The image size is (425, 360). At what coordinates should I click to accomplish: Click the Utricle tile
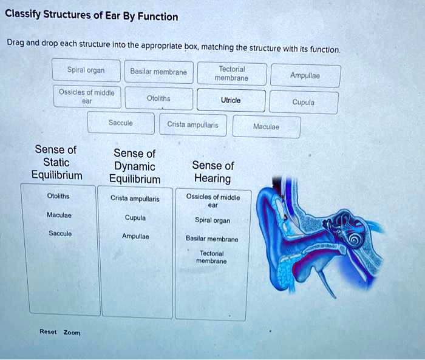click(x=231, y=100)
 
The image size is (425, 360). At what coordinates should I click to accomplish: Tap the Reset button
click(x=48, y=331)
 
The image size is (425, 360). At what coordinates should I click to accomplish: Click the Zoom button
click(x=72, y=332)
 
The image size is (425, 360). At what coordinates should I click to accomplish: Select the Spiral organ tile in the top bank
click(x=86, y=70)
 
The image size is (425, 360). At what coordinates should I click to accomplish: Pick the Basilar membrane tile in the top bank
click(x=159, y=72)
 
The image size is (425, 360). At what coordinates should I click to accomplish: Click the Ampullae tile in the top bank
click(x=305, y=75)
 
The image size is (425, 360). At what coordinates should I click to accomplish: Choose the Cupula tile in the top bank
click(x=304, y=102)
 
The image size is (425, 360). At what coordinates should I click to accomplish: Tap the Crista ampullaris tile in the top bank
click(x=193, y=124)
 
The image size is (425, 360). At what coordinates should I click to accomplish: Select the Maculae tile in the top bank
click(x=267, y=127)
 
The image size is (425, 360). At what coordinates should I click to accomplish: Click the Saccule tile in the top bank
click(x=121, y=123)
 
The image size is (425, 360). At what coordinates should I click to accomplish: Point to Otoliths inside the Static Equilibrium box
click(x=58, y=195)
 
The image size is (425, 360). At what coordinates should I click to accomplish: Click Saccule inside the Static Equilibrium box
click(x=60, y=233)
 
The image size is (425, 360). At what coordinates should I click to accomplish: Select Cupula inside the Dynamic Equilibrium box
click(x=135, y=218)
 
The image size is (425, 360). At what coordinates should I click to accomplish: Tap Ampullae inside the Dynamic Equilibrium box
click(x=135, y=236)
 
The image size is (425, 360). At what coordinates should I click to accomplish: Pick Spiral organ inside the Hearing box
click(x=212, y=220)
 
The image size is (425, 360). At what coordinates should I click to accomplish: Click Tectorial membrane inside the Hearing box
click(x=212, y=257)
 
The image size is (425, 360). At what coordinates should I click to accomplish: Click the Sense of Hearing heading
click(x=213, y=172)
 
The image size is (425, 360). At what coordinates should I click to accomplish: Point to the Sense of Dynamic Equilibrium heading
click(x=135, y=166)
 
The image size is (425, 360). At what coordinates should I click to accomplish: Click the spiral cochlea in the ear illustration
click(x=354, y=239)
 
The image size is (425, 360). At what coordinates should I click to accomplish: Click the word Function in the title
click(x=158, y=16)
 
